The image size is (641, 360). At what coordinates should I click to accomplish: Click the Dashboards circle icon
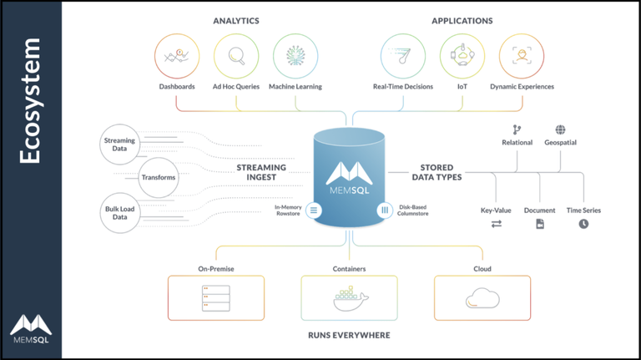(176, 56)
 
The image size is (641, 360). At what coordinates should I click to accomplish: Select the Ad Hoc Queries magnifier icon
(236, 56)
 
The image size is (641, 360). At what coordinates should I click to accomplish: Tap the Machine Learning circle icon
(295, 56)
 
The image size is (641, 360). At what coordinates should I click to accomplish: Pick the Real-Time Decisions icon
(402, 56)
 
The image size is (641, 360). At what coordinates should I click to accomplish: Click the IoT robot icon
(462, 56)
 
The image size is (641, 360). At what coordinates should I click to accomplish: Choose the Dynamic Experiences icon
(522, 56)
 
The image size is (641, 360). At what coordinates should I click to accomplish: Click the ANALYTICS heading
(236, 20)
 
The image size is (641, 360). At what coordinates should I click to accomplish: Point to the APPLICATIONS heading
(462, 20)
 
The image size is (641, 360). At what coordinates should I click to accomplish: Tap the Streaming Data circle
(119, 145)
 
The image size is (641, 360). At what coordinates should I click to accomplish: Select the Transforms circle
(159, 177)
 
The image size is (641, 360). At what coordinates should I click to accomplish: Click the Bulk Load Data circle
(119, 211)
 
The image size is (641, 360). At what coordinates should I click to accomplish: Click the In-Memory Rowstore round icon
(314, 210)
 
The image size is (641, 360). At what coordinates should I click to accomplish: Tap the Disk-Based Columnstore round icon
(385, 210)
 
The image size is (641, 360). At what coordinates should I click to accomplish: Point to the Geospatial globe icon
(560, 129)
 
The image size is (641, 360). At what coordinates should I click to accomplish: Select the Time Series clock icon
(583, 224)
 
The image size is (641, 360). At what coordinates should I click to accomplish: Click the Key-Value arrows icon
(496, 224)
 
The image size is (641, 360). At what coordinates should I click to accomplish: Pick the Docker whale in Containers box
(350, 298)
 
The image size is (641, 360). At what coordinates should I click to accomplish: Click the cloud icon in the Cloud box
(482, 298)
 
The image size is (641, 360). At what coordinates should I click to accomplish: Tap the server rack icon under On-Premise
(215, 298)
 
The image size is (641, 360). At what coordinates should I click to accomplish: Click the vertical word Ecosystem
(31, 100)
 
